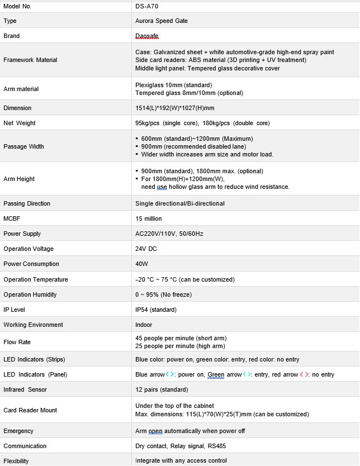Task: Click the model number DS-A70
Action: pyautogui.click(x=146, y=6)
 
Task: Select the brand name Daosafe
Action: pyautogui.click(x=147, y=36)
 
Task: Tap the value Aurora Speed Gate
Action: pyautogui.click(x=162, y=21)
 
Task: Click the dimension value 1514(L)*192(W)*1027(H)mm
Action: pyautogui.click(x=175, y=108)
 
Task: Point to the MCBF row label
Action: pyautogui.click(x=12, y=218)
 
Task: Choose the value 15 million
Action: pyautogui.click(x=149, y=218)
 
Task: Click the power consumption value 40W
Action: pyautogui.click(x=142, y=264)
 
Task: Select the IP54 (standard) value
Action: pyautogui.click(x=156, y=310)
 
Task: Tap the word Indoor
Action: pyautogui.click(x=144, y=325)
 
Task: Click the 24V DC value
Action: pyautogui.click(x=146, y=249)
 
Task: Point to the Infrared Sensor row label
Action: pyautogui.click(x=25, y=389)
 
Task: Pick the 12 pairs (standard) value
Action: pyautogui.click(x=162, y=389)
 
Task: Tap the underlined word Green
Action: pyautogui.click(x=216, y=374)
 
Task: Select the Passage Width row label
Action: pyautogui.click(x=23, y=146)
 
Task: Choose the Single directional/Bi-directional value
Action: pyautogui.click(x=180, y=203)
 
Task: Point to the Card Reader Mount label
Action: pyautogui.click(x=30, y=410)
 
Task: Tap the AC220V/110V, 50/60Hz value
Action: pyautogui.click(x=169, y=234)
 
